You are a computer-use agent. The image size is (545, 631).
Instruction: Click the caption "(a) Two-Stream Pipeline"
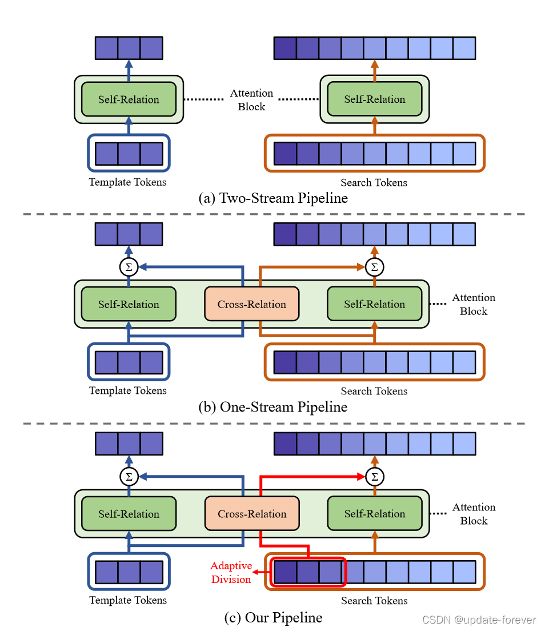(x=272, y=198)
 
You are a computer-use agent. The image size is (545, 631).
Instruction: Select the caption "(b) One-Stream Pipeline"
(x=272, y=407)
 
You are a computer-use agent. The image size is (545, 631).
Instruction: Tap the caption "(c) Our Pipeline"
(x=272, y=617)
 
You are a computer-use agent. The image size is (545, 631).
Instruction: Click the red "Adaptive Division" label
(x=231, y=572)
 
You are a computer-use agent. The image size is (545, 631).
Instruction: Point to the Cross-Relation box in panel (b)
(x=251, y=304)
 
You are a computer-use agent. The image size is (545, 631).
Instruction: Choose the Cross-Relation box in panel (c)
(x=251, y=514)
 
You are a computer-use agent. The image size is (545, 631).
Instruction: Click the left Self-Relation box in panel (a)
(x=129, y=99)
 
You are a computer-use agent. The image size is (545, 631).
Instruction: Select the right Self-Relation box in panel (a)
(x=374, y=99)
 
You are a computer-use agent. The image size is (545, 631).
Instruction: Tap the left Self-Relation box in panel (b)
(x=129, y=304)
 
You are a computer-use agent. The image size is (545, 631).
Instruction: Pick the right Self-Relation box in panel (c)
(x=374, y=514)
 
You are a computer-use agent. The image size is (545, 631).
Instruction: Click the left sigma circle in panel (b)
(x=129, y=267)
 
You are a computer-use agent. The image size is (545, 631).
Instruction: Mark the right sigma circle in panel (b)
(x=374, y=267)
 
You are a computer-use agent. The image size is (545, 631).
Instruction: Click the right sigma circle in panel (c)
(x=374, y=477)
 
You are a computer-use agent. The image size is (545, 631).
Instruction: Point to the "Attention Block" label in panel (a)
(x=251, y=99)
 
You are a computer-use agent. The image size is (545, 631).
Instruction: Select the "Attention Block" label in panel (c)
(x=474, y=514)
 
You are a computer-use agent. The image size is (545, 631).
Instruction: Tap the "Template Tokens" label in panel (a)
(x=128, y=182)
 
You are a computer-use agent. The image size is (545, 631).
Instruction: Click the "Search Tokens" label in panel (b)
(x=374, y=391)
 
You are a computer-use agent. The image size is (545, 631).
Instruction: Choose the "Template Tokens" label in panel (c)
(x=128, y=600)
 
